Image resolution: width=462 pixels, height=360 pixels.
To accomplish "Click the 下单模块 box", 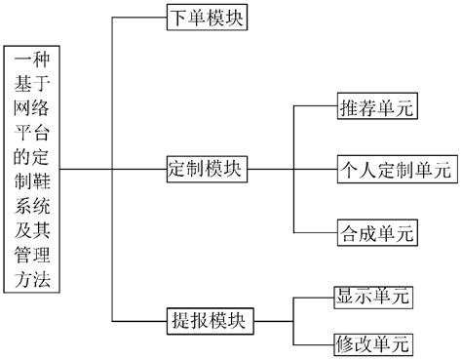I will [205, 20].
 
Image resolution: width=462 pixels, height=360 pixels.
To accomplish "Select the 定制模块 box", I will [205, 169].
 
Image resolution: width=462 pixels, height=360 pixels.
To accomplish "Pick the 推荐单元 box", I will [376, 107].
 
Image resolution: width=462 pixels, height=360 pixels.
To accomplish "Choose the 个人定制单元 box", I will [394, 169].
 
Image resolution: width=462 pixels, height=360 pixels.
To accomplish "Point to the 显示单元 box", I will [371, 295].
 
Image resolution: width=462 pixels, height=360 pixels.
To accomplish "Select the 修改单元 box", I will [371, 343].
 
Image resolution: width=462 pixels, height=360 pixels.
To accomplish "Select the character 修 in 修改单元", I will [345, 343].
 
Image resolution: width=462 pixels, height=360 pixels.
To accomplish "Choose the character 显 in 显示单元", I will [345, 295].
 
